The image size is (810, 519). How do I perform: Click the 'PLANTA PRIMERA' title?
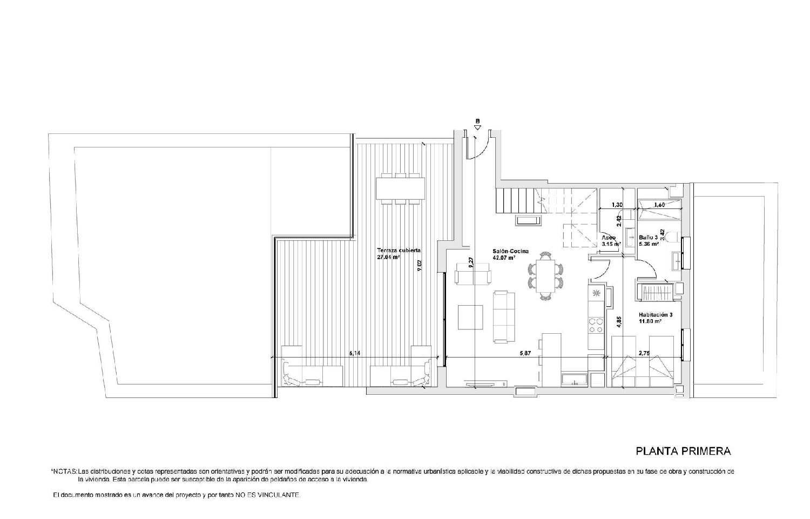(683, 450)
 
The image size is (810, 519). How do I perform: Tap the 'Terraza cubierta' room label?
(399, 251)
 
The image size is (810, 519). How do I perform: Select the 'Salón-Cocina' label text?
(510, 251)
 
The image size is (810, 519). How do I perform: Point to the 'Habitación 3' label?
(656, 314)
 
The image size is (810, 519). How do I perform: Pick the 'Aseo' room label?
(609, 238)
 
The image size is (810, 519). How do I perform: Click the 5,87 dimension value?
(525, 353)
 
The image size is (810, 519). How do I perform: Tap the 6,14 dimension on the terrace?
(355, 353)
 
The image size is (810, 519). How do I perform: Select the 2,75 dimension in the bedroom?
(644, 353)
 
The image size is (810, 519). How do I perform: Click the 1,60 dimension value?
(659, 205)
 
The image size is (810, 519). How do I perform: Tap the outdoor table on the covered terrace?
(400, 188)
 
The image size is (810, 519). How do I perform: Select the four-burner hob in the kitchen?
(596, 325)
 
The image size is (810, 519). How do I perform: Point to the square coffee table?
(470, 317)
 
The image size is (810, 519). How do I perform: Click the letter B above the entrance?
(477, 121)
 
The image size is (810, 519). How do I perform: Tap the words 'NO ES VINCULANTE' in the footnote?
(267, 495)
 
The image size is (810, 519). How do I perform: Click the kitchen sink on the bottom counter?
(573, 380)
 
